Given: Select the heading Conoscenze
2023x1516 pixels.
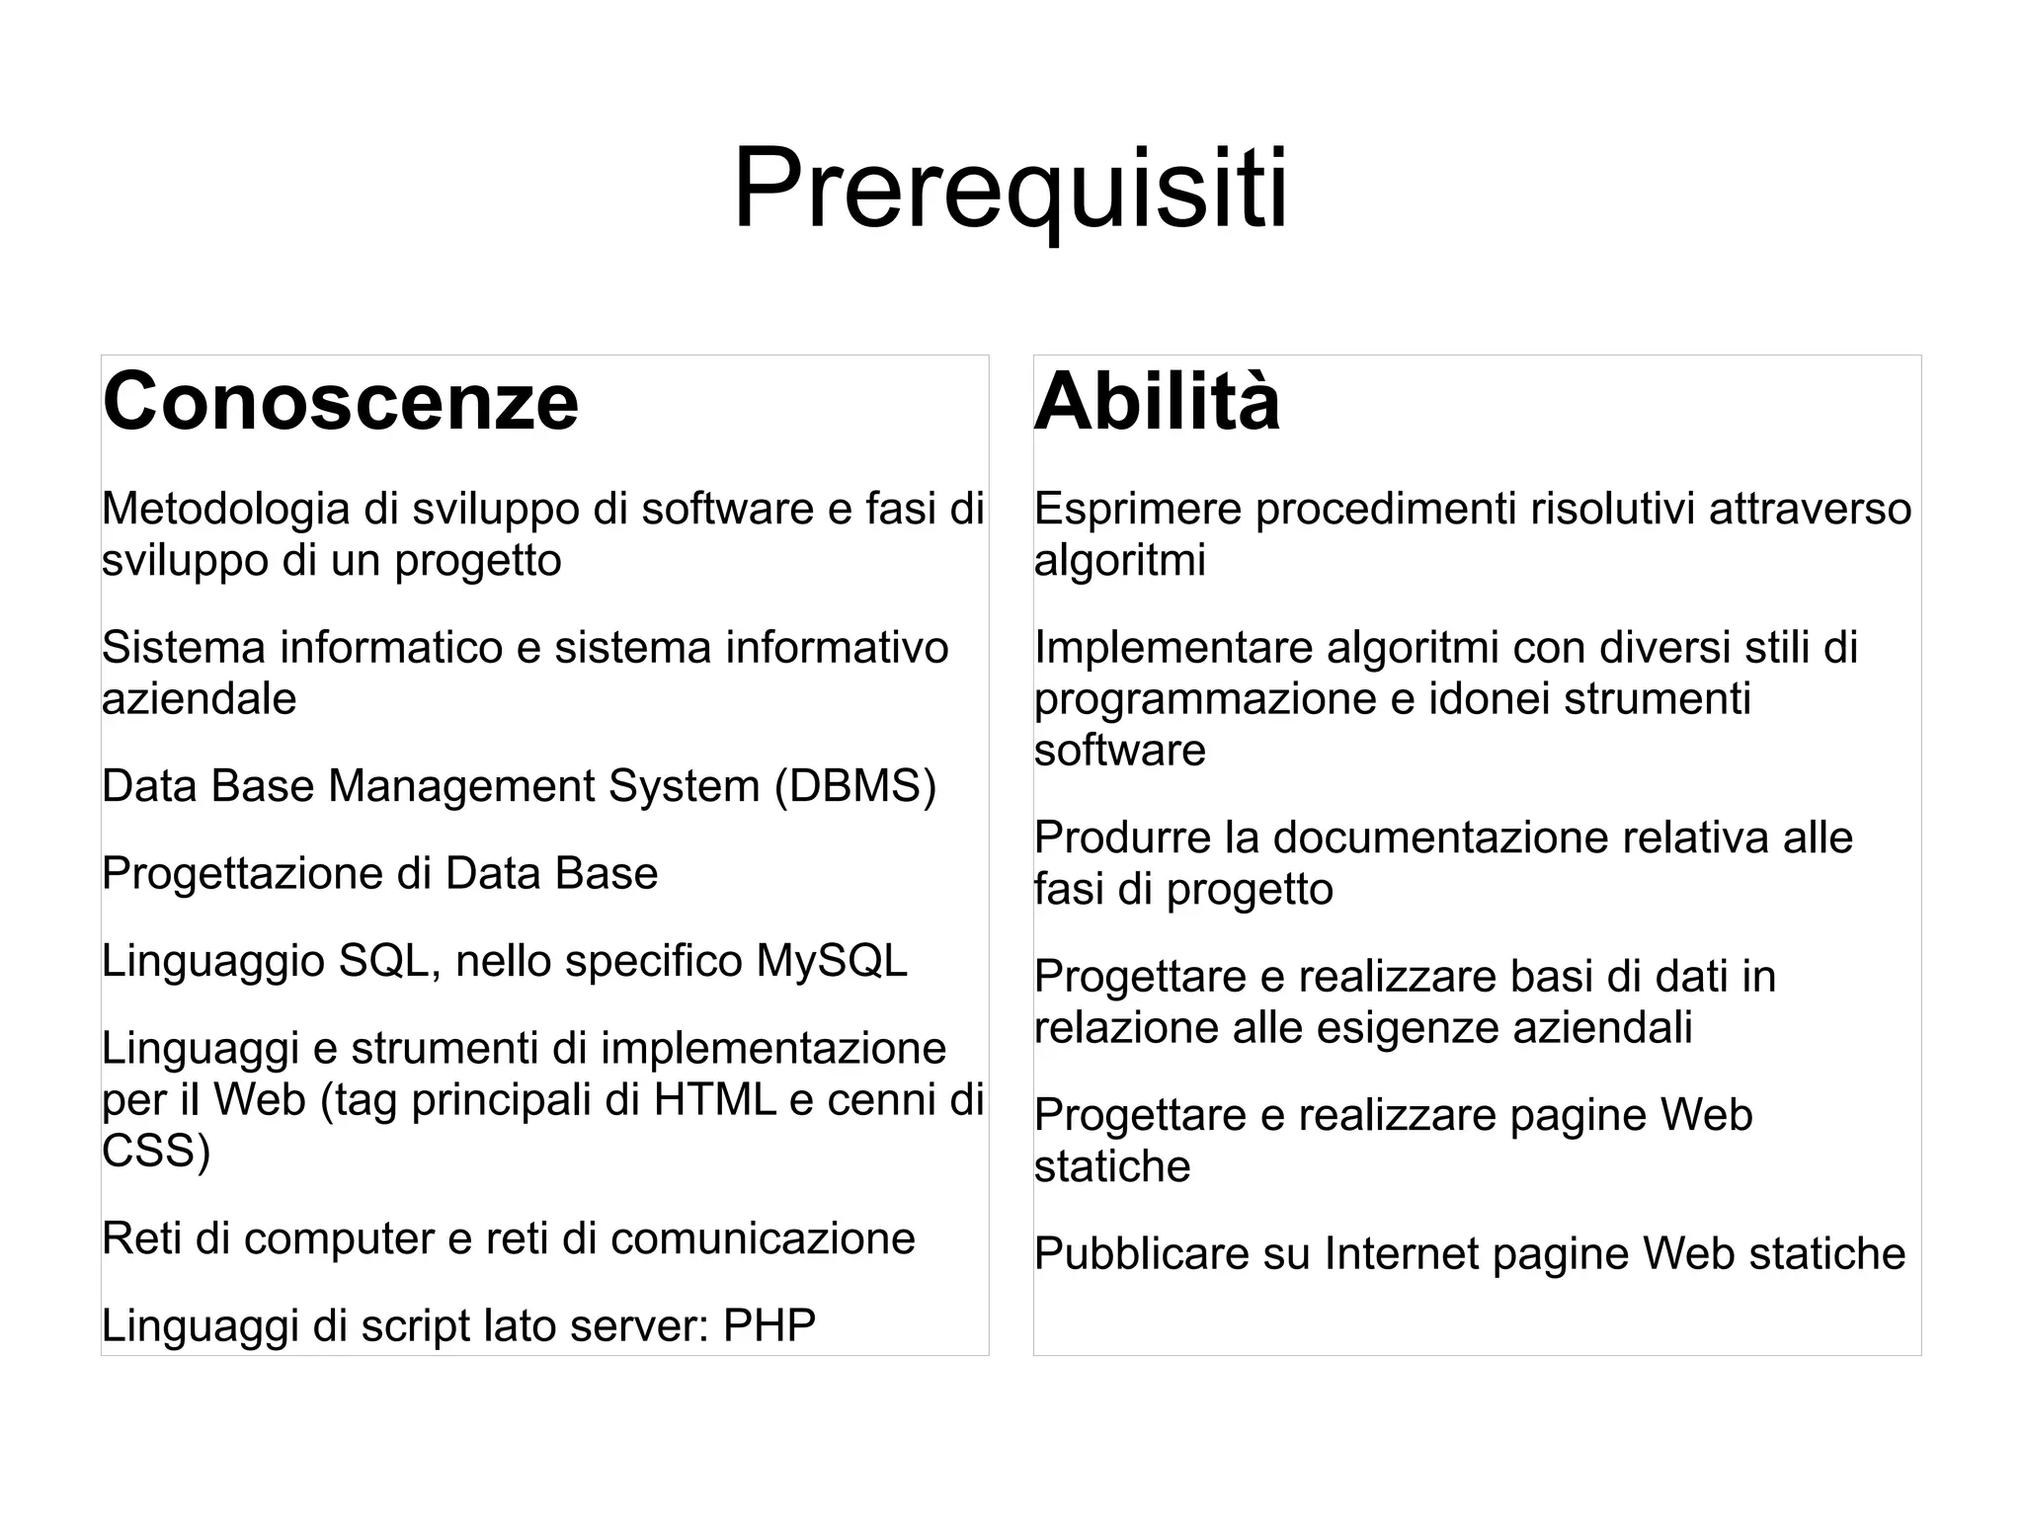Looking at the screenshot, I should pyautogui.click(x=341, y=401).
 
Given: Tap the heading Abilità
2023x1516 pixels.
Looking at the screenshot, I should pyautogui.click(x=1157, y=401).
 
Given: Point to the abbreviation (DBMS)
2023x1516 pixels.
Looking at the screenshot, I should pyautogui.click(x=854, y=786).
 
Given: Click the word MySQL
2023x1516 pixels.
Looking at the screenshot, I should pyautogui.click(x=831, y=961).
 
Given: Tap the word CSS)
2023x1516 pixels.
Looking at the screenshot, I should pyautogui.click(x=156, y=1151).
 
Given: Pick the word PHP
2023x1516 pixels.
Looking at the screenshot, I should pyautogui.click(x=769, y=1325).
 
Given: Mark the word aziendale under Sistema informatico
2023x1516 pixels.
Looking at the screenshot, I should pyautogui.click(x=199, y=699).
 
